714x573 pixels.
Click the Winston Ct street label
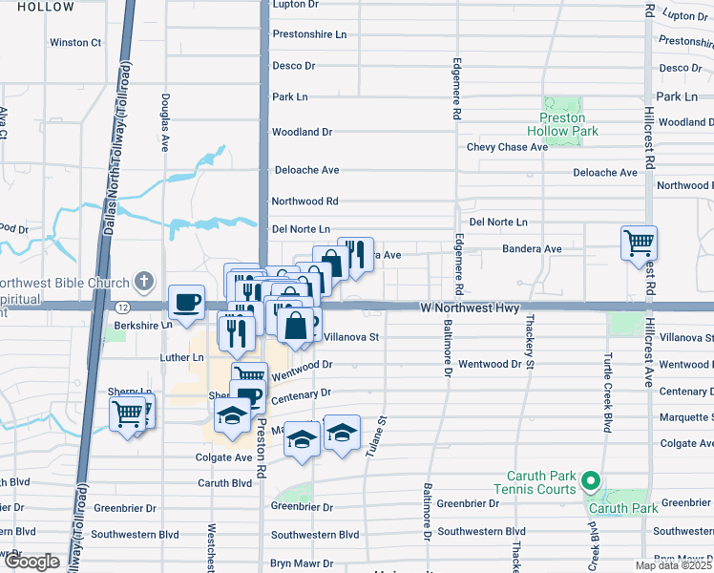coord(74,43)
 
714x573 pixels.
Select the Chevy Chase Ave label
coord(507,147)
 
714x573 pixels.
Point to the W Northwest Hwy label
coord(470,308)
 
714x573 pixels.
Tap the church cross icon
coord(143,281)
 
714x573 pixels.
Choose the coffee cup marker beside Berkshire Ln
coord(186,302)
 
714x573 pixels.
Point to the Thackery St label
coord(528,345)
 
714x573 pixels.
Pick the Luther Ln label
coord(184,357)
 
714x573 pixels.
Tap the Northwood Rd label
coord(304,202)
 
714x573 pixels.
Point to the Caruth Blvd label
coord(224,483)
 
